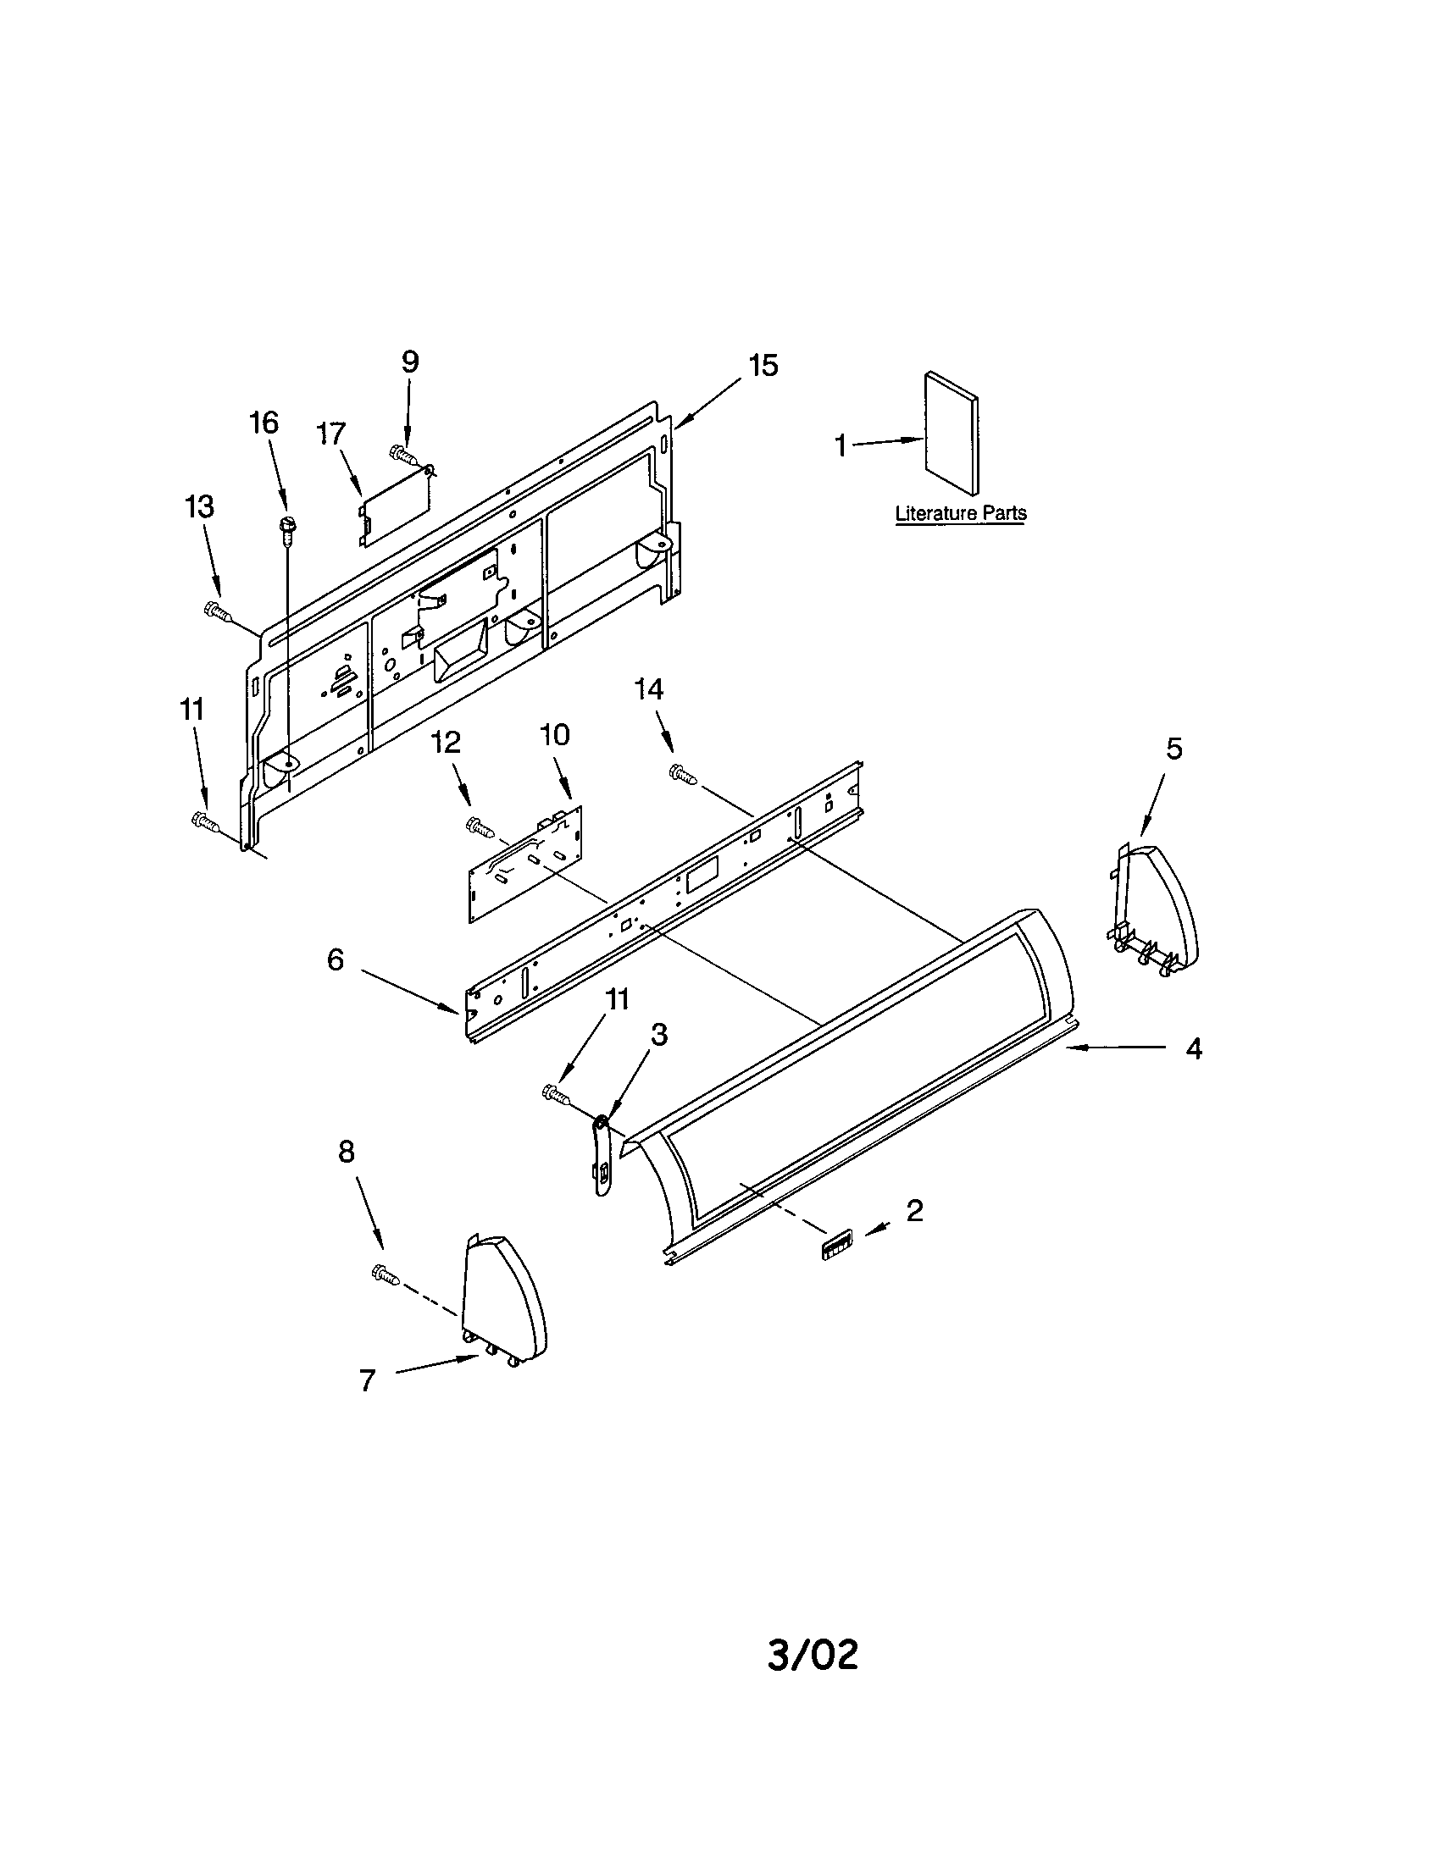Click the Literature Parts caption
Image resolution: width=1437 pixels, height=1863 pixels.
(960, 513)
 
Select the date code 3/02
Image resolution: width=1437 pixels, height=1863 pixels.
(813, 1655)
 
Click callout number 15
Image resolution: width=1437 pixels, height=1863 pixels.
(763, 365)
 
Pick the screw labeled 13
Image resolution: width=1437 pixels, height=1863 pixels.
(218, 611)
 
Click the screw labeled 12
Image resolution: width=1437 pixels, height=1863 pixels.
(480, 826)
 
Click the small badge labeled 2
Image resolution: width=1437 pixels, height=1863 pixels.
(837, 1247)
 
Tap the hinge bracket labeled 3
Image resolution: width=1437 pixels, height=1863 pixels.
(602, 1147)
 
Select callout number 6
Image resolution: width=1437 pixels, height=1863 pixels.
(336, 959)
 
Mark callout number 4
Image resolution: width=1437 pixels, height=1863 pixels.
(1194, 1048)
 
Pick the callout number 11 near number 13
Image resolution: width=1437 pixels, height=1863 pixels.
(192, 709)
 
